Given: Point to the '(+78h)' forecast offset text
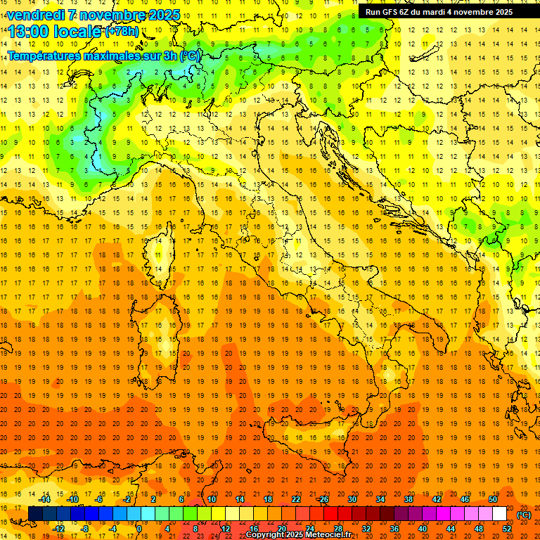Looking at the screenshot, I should click(x=121, y=32).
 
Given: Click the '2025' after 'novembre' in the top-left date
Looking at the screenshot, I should click(x=165, y=15).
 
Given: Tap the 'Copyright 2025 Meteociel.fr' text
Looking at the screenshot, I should click(x=299, y=535).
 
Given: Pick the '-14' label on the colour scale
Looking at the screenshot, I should click(x=45, y=499).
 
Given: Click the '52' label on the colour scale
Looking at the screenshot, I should click(x=507, y=529).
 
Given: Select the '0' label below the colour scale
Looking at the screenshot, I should click(x=139, y=529).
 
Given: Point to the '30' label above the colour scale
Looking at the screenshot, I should click(x=352, y=499).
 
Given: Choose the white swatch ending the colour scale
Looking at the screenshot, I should click(x=499, y=514).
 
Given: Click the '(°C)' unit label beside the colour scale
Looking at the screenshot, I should click(x=524, y=515).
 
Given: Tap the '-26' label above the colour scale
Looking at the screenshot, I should click(x=323, y=499).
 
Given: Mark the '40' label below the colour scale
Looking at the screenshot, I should click(x=422, y=529).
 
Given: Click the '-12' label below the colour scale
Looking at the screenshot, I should click(x=59, y=529).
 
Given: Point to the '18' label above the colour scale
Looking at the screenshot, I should click(x=267, y=499).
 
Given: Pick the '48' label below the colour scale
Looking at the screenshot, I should click(x=479, y=529).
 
